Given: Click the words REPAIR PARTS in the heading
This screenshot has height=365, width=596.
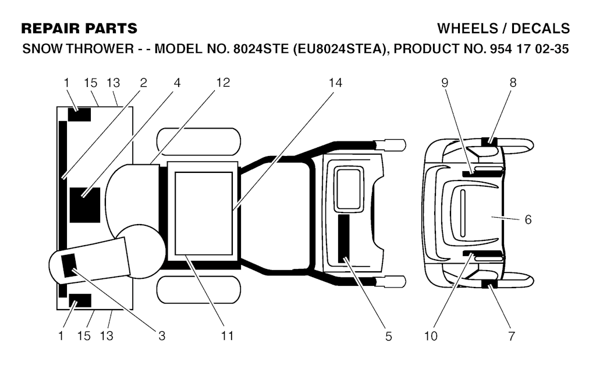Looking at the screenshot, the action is tap(79, 29).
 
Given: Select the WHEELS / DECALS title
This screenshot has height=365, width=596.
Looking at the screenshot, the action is tap(503, 29).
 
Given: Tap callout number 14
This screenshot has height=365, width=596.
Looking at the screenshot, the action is tap(335, 83).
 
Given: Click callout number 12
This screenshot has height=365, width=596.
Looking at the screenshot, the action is tap(223, 83).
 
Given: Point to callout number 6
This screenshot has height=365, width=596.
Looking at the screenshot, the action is tap(528, 220).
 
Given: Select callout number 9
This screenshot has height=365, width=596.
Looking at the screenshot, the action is tap(445, 83).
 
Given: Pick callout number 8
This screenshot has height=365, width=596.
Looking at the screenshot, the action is tap(513, 83).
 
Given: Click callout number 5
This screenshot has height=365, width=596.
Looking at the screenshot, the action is tap(388, 336).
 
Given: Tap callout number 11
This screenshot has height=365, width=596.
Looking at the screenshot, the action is tap(227, 336).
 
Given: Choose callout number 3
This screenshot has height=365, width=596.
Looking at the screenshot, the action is tap(162, 336).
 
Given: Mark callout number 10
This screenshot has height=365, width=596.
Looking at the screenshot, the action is tap(431, 336).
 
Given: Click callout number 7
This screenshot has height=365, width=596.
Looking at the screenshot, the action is tap(512, 336).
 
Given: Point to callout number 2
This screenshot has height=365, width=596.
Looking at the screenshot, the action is tap(143, 83).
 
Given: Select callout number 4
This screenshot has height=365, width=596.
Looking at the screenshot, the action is tap(177, 83).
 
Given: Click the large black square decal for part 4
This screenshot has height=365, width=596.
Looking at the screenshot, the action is tap(85, 205).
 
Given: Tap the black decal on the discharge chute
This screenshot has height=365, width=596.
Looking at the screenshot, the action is tap(69, 265).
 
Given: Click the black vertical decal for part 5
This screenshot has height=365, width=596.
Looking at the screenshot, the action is tap(344, 239).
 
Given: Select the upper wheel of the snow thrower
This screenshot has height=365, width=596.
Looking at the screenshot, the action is tap(199, 142).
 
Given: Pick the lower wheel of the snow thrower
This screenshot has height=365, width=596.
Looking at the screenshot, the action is tap(199, 290).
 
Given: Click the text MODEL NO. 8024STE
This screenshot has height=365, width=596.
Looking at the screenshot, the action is tap(222, 49).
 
